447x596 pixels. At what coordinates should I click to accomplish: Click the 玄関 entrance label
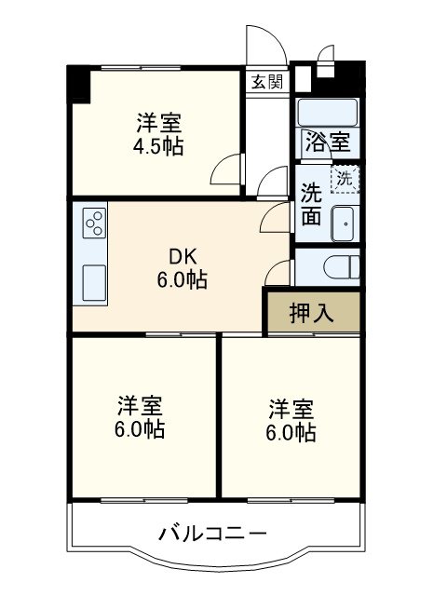tap(266, 81)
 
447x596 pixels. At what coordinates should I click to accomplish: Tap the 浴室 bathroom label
tap(326, 143)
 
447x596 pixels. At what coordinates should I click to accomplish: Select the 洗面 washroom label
tap(311, 204)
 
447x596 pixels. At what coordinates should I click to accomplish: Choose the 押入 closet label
tap(311, 314)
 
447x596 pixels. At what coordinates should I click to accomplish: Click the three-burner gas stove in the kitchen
tap(95, 223)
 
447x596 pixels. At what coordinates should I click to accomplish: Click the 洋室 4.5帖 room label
tap(159, 133)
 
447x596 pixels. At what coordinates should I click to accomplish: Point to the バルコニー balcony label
tap(212, 535)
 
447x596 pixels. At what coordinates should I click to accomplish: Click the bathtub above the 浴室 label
tap(326, 111)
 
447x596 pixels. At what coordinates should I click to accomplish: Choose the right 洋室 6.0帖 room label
tap(291, 420)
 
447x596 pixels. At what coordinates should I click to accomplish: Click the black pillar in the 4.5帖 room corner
tap(78, 85)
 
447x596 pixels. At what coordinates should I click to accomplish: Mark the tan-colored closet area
tap(311, 314)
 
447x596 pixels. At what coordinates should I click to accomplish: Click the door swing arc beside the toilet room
tap(277, 273)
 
